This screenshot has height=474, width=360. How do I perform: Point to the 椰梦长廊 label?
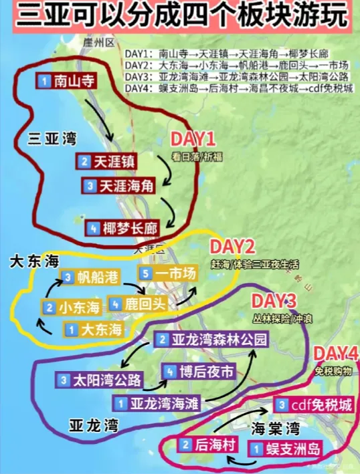coord(124,227)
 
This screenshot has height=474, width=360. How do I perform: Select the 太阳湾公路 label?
coord(100,380)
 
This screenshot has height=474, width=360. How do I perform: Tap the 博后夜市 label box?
coord(200,372)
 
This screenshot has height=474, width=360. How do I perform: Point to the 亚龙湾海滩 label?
coord(159,404)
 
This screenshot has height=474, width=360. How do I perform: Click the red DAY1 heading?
coord(193,140)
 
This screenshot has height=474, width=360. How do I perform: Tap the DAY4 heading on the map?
coord(336,352)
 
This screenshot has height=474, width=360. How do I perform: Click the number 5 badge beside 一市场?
coord(145,273)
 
